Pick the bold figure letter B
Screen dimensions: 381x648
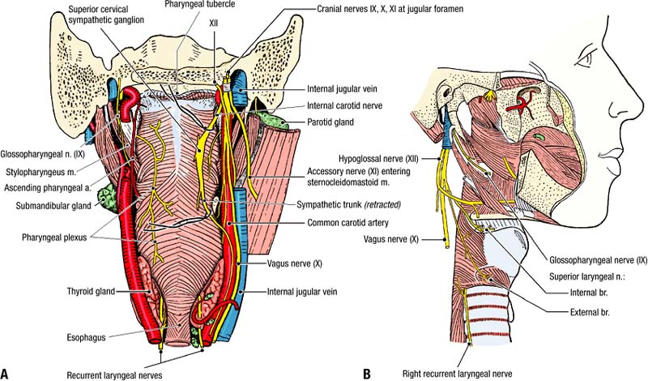pos(366,373)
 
